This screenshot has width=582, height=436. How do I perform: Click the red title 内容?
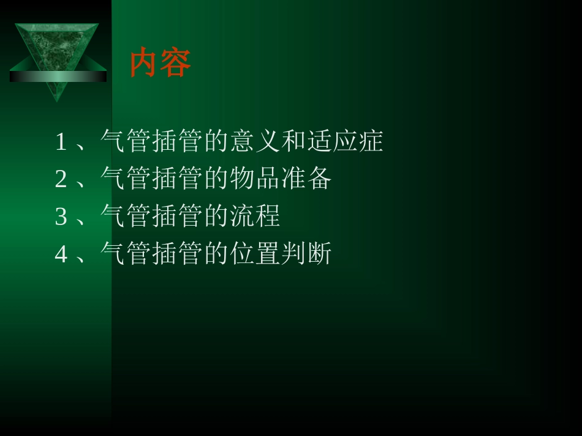[161, 63]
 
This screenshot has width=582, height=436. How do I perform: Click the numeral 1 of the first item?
[61, 142]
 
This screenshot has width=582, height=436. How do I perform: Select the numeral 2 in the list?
[61, 179]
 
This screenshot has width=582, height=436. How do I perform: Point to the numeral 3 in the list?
[61, 216]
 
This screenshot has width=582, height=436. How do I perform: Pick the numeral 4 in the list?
[61, 254]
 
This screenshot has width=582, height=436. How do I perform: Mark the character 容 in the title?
[176, 63]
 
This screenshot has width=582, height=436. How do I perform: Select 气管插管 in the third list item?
[149, 216]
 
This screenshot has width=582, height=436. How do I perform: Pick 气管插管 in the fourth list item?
[149, 254]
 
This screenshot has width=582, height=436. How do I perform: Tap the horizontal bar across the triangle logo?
[58, 76]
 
